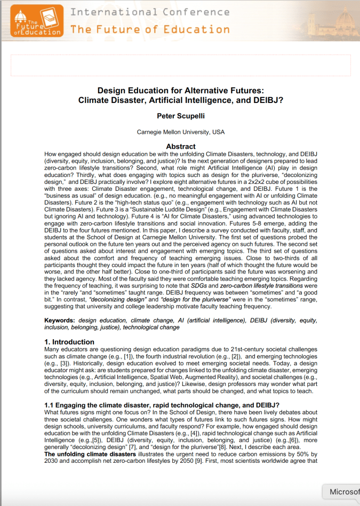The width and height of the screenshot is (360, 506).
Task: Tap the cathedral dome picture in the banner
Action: click(x=335, y=20)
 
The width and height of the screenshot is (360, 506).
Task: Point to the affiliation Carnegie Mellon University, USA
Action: click(x=180, y=132)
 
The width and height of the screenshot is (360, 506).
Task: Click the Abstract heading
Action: click(x=180, y=146)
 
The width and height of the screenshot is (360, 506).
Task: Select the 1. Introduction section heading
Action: click(x=69, y=342)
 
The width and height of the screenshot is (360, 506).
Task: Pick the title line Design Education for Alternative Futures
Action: click(x=180, y=91)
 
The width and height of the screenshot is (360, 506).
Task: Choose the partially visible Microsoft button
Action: click(x=343, y=492)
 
